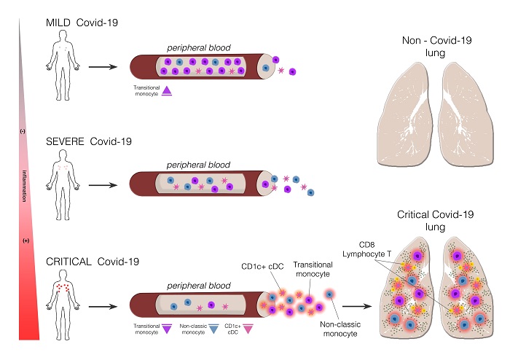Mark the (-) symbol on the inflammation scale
23,132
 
